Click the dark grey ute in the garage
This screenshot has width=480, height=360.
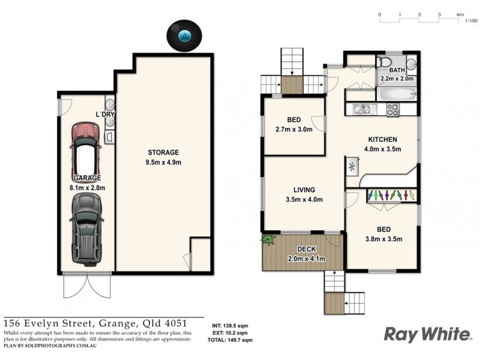point(85,229)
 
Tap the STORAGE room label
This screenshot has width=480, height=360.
point(163,152)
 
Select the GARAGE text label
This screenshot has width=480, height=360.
point(87,178)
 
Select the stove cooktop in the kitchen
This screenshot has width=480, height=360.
point(393,110)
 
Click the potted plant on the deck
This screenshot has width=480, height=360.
point(267,239)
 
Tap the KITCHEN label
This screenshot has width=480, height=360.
point(383,140)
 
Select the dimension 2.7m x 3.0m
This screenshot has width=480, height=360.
point(294,129)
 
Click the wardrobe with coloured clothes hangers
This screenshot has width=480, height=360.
point(389,196)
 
